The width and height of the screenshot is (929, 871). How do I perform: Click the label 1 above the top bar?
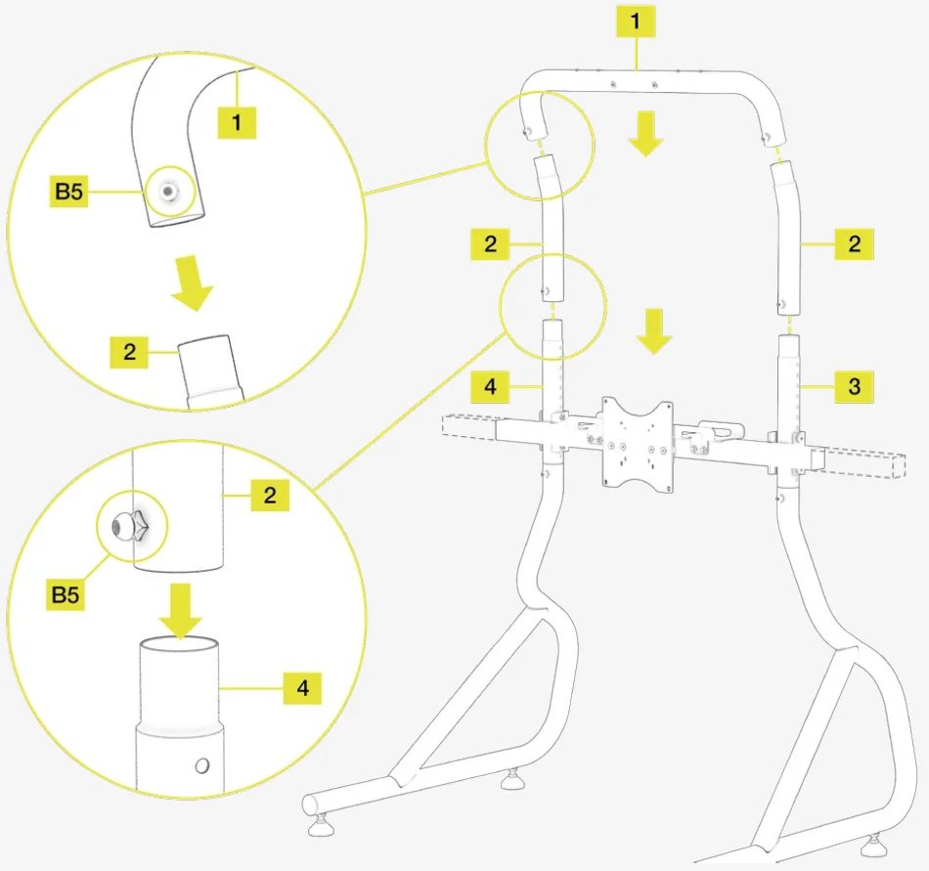coord(636,22)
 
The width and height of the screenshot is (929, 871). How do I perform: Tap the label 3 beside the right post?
coord(854,387)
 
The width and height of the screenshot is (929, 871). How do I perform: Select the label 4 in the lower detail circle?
coord(302,688)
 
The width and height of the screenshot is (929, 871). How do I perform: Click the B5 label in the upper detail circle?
coord(68,192)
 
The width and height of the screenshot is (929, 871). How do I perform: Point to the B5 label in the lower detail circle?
coord(66,594)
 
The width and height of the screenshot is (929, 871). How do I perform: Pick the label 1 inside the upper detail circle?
coord(237,122)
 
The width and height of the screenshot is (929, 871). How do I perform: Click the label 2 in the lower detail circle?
coord(270,495)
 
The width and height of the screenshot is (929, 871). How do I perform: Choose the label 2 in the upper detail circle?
coord(129,352)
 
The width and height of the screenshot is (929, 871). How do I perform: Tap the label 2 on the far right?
coord(854,243)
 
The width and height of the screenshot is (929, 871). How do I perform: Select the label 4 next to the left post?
coord(490,387)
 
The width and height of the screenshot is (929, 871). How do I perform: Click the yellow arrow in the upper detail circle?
coord(191,283)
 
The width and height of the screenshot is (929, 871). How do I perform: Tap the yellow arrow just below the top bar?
coord(645,134)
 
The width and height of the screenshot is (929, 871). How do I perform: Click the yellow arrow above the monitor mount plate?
coord(654,331)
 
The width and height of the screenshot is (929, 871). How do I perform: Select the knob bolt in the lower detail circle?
coord(130,526)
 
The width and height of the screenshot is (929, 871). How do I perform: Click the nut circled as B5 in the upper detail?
coord(169,192)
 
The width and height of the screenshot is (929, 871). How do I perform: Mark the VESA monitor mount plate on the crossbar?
coord(638,445)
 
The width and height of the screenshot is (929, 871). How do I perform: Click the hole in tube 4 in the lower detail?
coord(202,765)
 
